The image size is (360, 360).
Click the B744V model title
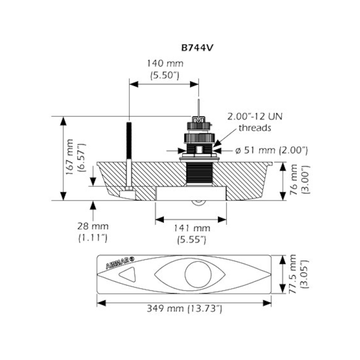(197, 48)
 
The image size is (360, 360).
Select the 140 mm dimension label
(165, 63)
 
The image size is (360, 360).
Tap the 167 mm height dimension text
(69, 157)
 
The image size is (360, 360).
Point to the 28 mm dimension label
(93, 226)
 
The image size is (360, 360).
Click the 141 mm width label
(192, 228)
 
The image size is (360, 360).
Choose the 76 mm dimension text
(293, 180)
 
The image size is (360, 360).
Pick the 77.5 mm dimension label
(292, 274)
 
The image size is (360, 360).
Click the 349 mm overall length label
(165, 308)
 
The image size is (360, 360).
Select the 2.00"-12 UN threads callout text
(255, 122)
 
